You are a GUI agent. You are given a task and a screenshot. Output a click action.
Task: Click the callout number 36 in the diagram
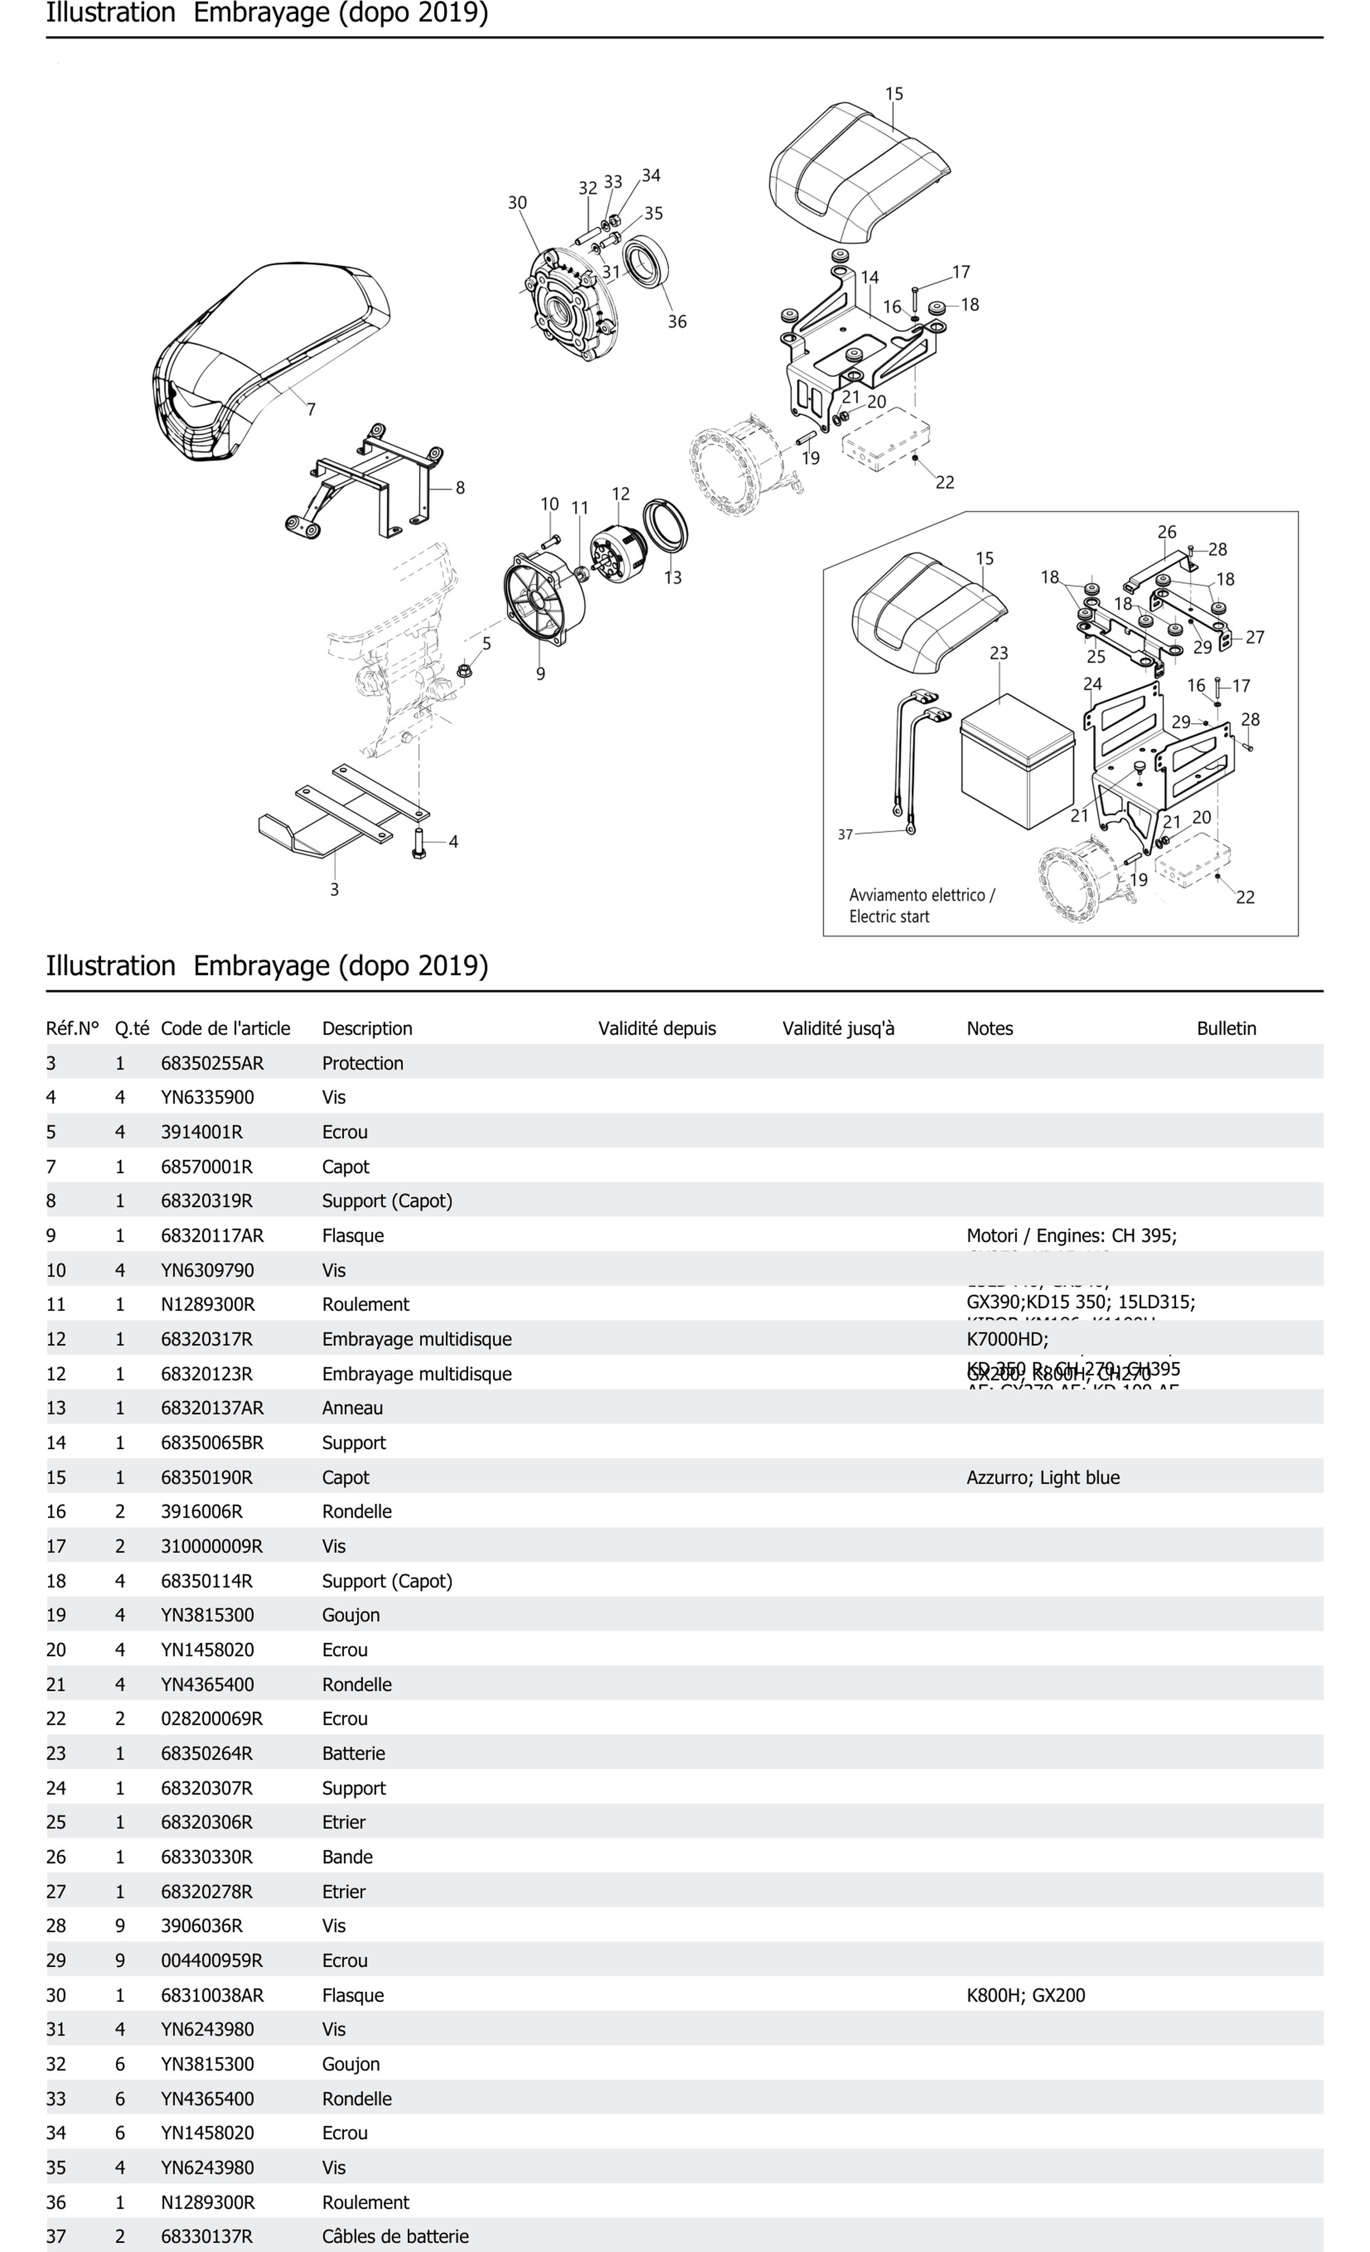(676, 322)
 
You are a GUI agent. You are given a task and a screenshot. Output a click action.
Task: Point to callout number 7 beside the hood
(311, 409)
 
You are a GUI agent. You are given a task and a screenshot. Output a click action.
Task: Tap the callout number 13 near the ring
(673, 577)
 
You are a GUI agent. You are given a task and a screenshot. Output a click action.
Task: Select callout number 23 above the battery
(999, 653)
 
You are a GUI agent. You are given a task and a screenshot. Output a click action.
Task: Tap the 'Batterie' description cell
(354, 1753)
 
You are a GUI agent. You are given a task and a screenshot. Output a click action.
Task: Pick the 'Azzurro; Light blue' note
(1043, 1477)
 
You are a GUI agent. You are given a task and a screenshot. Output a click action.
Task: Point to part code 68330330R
(206, 1856)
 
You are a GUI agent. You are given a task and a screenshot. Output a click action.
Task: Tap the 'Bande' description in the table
(347, 1856)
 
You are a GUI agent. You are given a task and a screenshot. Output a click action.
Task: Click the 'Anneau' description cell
(352, 1408)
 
